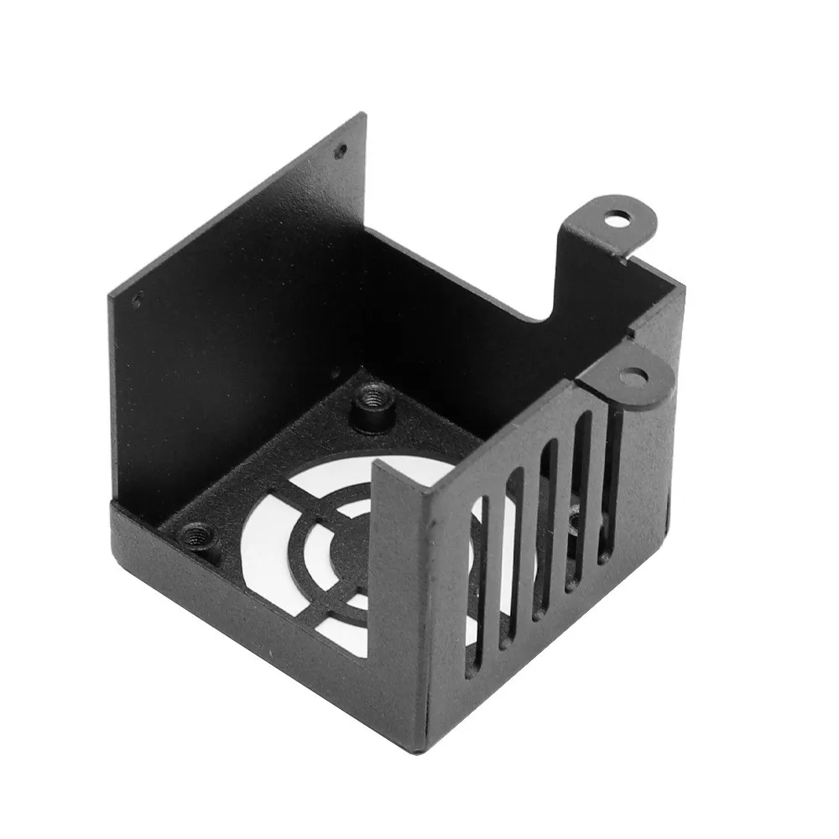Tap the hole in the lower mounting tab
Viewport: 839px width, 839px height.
pyautogui.click(x=635, y=374)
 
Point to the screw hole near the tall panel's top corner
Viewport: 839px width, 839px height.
pyautogui.click(x=340, y=152)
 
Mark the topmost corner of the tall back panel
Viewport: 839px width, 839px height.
pyautogui.click(x=363, y=114)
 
